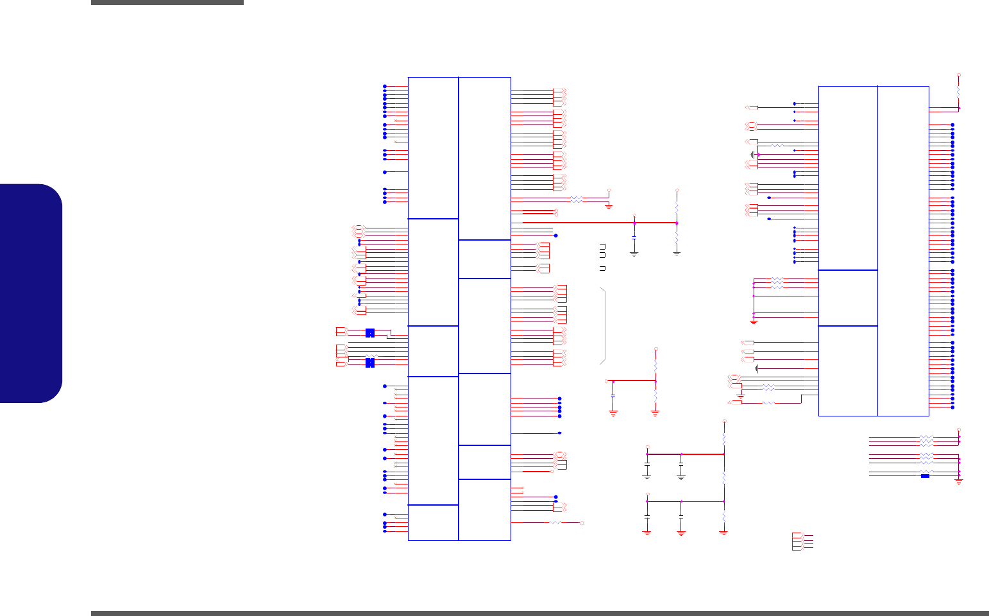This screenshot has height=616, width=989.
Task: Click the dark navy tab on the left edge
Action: pyautogui.click(x=31, y=293)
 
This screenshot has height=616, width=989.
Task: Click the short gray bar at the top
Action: pyautogui.click(x=167, y=3)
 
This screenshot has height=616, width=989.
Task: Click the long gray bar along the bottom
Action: pyautogui.click(x=539, y=613)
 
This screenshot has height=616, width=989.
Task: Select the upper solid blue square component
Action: pyautogui.click(x=369, y=332)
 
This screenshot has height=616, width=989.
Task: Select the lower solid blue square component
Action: pyautogui.click(x=369, y=363)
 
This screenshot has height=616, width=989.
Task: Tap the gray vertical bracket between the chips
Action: pyautogui.click(x=604, y=326)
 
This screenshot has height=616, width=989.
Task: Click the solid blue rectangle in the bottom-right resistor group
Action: pyautogui.click(x=925, y=475)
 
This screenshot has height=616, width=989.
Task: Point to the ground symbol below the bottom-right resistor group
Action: pyautogui.click(x=959, y=481)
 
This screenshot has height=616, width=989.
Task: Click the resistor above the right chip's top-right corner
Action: pyautogui.click(x=959, y=92)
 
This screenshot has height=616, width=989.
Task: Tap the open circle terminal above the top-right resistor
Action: pyautogui.click(x=959, y=75)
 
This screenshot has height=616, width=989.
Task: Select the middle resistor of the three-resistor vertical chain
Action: pyautogui.click(x=723, y=477)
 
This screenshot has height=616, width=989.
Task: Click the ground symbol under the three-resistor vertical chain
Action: pyautogui.click(x=723, y=532)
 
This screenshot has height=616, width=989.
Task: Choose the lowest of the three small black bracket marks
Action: pyautogui.click(x=602, y=268)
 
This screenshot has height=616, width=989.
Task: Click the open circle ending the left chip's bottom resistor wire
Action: pyautogui.click(x=582, y=523)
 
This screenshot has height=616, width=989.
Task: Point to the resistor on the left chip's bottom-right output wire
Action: pyautogui.click(x=555, y=523)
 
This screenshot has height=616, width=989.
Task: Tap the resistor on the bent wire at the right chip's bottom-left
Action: pyautogui.click(x=769, y=402)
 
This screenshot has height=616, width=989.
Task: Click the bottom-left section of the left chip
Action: pyautogui.click(x=433, y=522)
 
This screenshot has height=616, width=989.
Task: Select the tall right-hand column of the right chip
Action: pyautogui.click(x=903, y=250)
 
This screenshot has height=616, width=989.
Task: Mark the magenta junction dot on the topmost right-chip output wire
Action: pyautogui.click(x=959, y=108)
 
